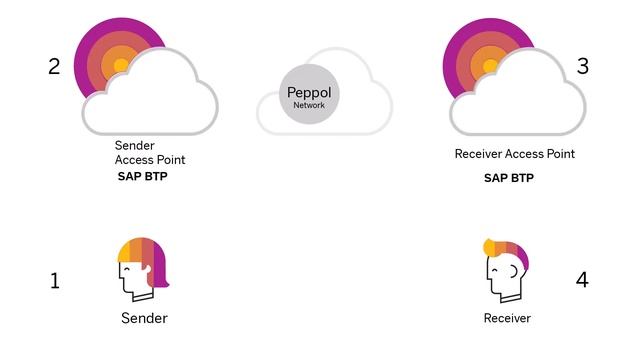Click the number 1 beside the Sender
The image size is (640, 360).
coord(54,281)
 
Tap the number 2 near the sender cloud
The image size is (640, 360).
coord(54,67)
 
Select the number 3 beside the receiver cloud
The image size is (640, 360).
coord(583,67)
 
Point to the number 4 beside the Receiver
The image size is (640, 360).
coord(582,279)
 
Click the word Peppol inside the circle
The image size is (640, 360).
coord(309,91)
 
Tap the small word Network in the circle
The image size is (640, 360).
coord(309,104)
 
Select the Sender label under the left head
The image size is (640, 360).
coord(143,318)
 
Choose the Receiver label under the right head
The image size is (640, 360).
coord(507,318)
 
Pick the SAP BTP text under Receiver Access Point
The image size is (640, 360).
coord(508,178)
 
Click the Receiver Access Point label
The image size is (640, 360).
coord(514,154)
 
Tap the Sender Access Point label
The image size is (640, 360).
coord(149,153)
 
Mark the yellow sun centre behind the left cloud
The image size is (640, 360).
coord(120,66)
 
